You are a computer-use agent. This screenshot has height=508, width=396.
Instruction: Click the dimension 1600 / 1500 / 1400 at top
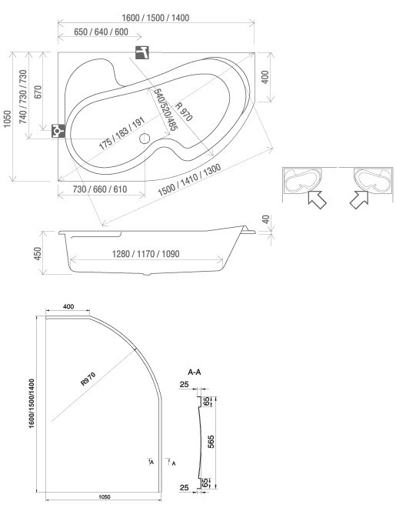[x=155, y=18]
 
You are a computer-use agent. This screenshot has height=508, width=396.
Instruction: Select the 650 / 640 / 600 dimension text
[x=101, y=32]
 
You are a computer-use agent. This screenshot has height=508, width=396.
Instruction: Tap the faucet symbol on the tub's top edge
[x=142, y=52]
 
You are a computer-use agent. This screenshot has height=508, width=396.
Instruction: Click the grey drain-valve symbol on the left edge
[x=58, y=131]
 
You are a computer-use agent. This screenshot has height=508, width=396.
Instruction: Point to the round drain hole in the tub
[x=145, y=139]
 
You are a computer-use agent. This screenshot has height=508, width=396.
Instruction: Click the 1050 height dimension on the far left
[x=7, y=119]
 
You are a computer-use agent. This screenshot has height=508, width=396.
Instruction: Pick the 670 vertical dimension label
[x=38, y=92]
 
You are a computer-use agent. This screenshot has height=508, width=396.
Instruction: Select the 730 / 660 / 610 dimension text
[x=100, y=189]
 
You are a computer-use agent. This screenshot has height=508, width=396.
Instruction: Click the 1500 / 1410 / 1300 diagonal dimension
[x=190, y=180]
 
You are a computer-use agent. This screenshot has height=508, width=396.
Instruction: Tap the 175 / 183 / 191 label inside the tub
[x=121, y=134]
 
